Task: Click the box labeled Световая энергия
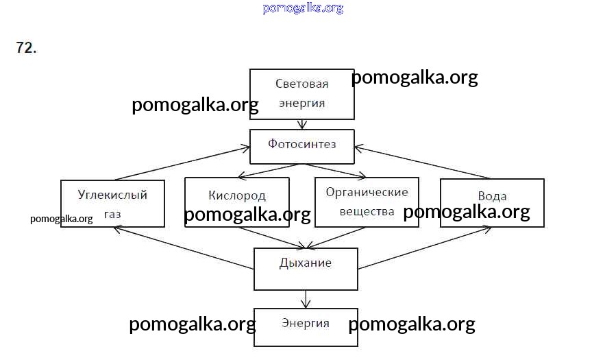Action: (301, 94)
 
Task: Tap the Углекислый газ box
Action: (112, 203)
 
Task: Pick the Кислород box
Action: (236, 197)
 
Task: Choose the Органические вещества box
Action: (367, 202)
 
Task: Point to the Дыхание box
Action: (306, 268)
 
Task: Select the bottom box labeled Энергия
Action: (306, 326)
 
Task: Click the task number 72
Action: (26, 48)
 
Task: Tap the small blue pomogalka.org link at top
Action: (302, 8)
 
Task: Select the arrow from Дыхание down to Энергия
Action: (306, 299)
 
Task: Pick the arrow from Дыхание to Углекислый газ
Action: (185, 248)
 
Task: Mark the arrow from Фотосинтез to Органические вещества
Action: (336, 171)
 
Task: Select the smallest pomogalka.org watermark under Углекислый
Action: (61, 219)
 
